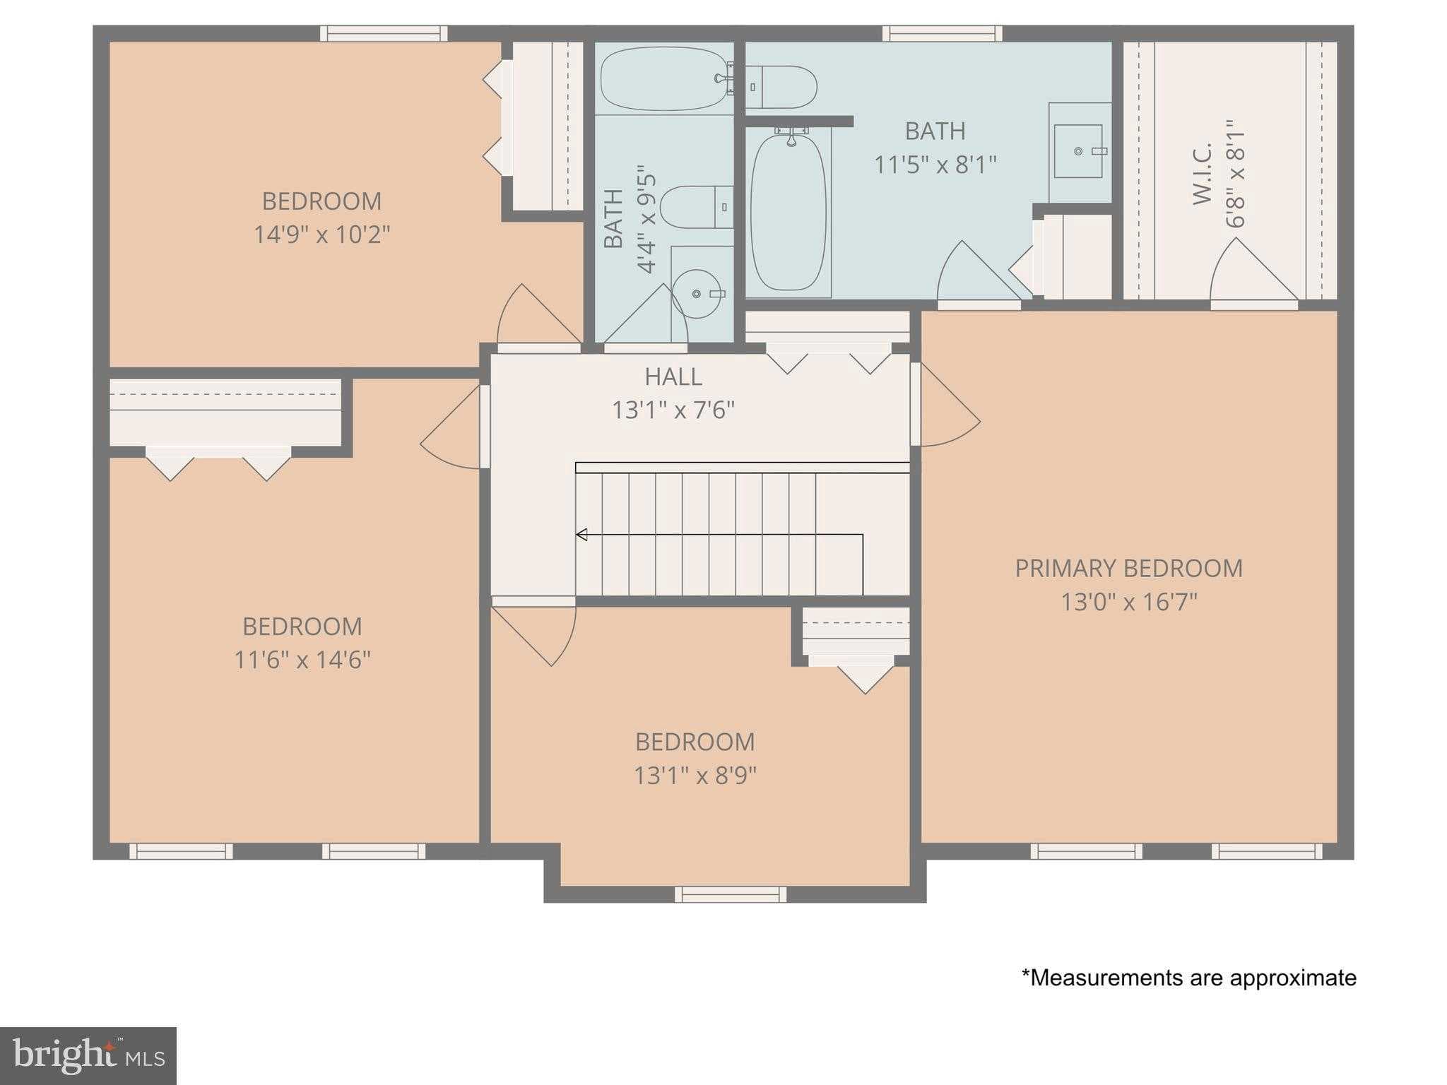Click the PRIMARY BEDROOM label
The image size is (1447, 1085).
[1128, 569]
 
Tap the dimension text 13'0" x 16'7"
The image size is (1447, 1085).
[1128, 603]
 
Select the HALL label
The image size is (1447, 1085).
[673, 377]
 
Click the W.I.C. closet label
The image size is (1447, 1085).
[1203, 174]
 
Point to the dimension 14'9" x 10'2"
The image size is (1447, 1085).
[321, 235]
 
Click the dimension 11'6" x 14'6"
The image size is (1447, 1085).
[302, 660]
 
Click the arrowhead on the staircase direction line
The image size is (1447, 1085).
[581, 535]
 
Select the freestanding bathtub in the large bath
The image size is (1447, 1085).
[788, 212]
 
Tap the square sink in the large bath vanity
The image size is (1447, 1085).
[1078, 151]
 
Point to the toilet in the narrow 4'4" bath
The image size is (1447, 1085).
[696, 207]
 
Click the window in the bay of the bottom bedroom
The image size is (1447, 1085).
[730, 895]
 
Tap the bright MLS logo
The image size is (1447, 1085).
[88, 1056]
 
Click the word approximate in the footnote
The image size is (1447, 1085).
[1293, 978]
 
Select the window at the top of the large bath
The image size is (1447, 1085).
[942, 33]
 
